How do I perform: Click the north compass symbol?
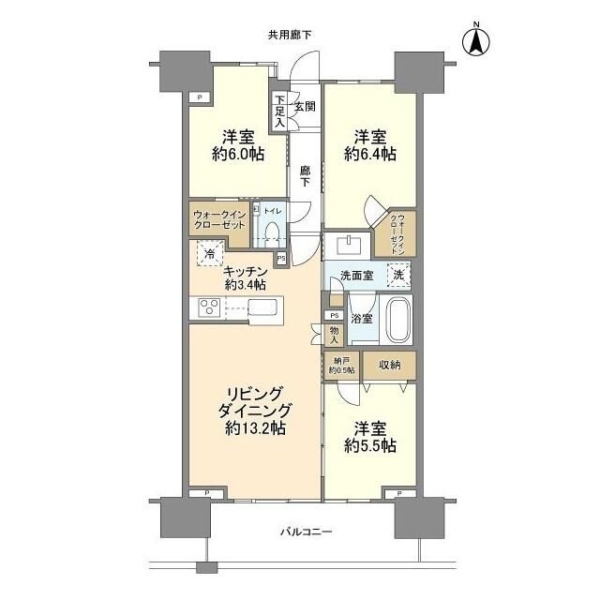(475, 40)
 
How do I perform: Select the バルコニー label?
(307, 532)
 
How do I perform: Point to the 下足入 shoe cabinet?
(278, 111)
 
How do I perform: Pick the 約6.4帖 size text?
(369, 155)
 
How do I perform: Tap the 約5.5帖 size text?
(369, 447)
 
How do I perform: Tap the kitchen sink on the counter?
(263, 307)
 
